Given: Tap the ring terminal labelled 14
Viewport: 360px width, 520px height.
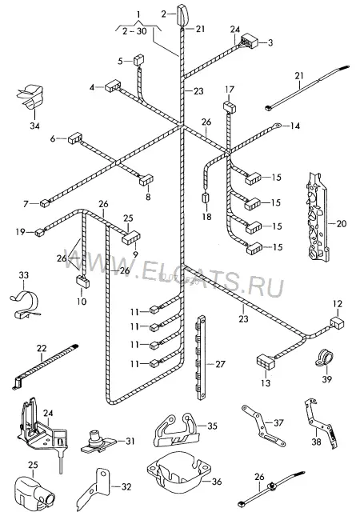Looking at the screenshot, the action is (x=277, y=126).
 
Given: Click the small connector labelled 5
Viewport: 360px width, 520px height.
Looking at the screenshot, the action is (x=139, y=60).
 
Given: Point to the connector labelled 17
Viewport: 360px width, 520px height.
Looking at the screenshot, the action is (x=229, y=106).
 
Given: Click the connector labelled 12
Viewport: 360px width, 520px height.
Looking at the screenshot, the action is (x=337, y=322).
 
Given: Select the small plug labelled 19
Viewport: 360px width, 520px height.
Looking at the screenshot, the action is (x=40, y=232).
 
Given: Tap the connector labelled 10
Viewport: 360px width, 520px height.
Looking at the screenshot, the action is (x=83, y=281).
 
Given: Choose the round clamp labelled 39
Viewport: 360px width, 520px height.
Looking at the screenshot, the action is (x=323, y=358).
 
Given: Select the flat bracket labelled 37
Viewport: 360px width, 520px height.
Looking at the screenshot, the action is (x=263, y=425).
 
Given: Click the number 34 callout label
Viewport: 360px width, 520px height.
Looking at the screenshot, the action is (x=35, y=126).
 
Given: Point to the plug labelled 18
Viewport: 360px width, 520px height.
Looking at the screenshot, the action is (x=206, y=198).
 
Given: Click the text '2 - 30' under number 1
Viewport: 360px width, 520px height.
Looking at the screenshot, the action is (x=134, y=32).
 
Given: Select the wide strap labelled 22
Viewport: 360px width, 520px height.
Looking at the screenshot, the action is (x=46, y=366).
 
